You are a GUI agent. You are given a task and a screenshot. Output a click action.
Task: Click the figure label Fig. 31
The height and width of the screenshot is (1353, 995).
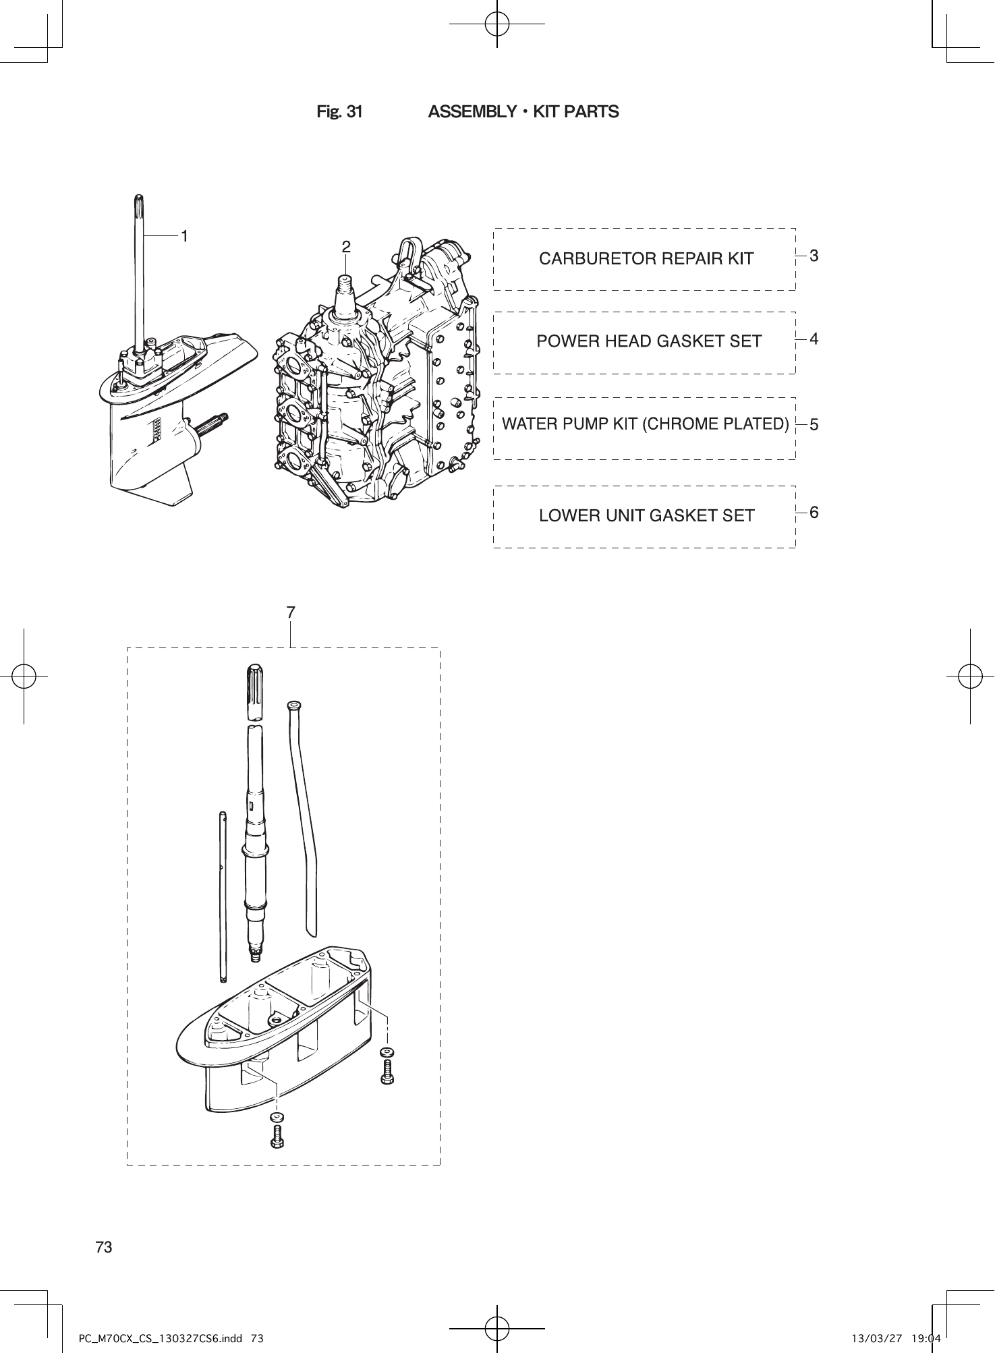tap(339, 112)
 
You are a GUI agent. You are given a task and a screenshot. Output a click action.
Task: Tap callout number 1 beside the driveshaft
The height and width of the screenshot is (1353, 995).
tap(183, 236)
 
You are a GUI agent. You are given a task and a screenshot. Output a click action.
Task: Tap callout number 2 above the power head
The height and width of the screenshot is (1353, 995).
tap(345, 248)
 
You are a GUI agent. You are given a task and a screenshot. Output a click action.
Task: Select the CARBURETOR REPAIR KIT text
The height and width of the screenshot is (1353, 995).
tap(646, 259)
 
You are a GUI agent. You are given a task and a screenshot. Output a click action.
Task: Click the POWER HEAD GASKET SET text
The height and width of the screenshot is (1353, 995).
tap(648, 342)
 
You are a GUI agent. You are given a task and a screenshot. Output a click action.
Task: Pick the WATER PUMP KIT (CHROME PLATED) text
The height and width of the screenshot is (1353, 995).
tap(645, 424)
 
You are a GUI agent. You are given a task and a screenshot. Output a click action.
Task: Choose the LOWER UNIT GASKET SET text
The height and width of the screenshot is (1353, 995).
tap(646, 516)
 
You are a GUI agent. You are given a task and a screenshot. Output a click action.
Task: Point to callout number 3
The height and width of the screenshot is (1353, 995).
tap(814, 256)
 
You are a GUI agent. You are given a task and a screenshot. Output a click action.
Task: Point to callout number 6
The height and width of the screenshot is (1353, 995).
tap(814, 513)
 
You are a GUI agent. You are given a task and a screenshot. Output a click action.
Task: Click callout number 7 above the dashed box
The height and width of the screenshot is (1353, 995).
tap(290, 612)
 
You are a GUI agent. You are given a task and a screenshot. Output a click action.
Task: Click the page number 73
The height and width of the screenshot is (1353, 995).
tap(104, 1247)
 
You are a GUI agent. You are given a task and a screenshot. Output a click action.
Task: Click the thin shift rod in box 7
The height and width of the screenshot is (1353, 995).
tap(223, 897)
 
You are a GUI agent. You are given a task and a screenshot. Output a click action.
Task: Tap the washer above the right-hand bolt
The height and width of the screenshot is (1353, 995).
tap(387, 1052)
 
